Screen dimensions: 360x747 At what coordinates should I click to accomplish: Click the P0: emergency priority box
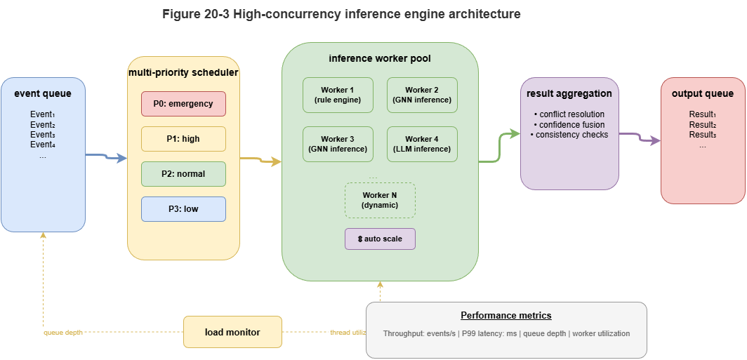[x=183, y=104]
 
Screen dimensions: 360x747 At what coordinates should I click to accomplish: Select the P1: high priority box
[x=183, y=139]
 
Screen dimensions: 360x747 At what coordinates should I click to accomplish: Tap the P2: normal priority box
[x=183, y=174]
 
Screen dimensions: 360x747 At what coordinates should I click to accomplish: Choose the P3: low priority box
[x=183, y=209]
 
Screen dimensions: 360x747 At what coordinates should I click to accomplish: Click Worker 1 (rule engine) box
[x=338, y=95]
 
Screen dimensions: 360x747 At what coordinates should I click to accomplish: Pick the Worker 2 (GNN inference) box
[x=422, y=95]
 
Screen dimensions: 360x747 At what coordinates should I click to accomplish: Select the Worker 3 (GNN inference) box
[x=338, y=145]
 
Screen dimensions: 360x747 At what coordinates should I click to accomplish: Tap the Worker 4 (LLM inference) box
[x=422, y=145]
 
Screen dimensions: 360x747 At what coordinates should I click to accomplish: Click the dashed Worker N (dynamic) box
[x=380, y=200]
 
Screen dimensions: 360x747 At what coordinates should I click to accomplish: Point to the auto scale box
[x=380, y=239]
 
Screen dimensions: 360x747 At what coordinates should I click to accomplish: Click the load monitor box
[x=232, y=332]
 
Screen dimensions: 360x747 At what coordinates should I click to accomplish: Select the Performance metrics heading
[x=505, y=316]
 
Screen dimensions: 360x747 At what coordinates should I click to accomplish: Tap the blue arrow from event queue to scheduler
[x=107, y=156]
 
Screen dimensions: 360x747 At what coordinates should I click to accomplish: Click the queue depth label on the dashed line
[x=63, y=332]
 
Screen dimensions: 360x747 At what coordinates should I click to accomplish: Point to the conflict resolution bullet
[x=569, y=114]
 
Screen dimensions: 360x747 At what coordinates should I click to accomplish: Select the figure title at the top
[x=341, y=14]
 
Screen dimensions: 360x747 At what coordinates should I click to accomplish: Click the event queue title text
[x=43, y=93]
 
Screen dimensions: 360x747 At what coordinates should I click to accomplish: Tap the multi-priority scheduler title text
[x=183, y=72]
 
